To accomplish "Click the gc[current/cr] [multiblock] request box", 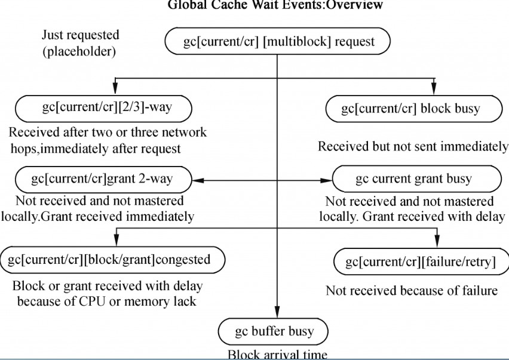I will tap(278, 42).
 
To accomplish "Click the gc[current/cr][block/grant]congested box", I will tap(113, 260).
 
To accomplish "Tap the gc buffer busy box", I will tap(274, 331).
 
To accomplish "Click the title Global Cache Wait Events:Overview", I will tap(275, 5).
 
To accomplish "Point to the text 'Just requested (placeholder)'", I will tap(80, 43).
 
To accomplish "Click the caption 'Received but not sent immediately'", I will tap(413, 146).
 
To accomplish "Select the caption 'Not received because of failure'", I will tap(412, 291).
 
